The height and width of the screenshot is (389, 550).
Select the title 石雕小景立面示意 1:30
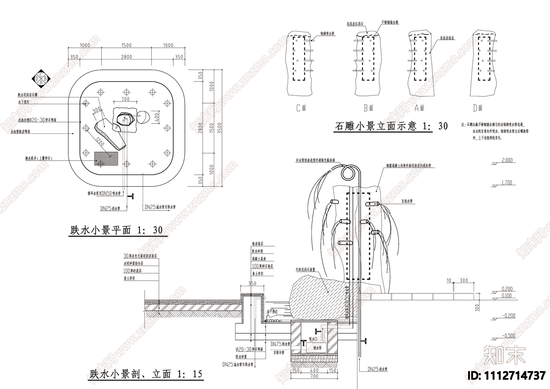coord(391,126)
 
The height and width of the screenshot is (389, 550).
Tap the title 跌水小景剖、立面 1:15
coord(146,374)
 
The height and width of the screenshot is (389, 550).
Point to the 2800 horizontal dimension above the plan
coord(126,57)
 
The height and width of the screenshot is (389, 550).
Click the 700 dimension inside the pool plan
coord(125,99)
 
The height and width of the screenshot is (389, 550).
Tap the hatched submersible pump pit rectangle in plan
coord(106,158)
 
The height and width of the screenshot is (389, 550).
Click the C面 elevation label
coord(301,108)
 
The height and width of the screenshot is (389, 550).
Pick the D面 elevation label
coord(477,108)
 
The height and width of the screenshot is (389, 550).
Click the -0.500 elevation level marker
coord(508,336)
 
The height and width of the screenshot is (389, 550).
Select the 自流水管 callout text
coord(407,201)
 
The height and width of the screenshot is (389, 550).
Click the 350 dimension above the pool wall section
coord(252,284)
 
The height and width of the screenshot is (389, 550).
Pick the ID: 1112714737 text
coord(507,375)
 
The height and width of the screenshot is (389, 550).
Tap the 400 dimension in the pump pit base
coord(314,371)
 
